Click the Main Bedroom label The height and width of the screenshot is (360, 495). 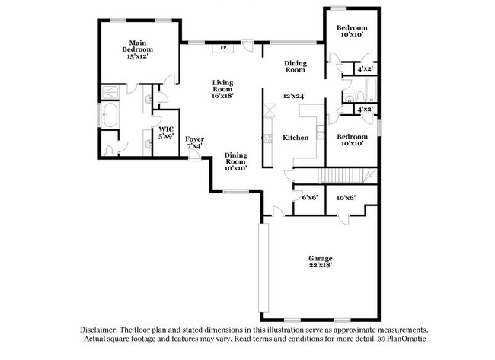(137, 49)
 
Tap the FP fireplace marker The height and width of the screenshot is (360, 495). (223, 48)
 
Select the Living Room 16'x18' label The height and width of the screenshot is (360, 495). (222, 89)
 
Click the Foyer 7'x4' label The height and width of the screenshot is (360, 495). (195, 142)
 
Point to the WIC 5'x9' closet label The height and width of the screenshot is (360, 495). (165, 134)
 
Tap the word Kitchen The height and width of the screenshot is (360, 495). (295, 138)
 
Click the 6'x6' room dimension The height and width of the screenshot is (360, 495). (308, 197)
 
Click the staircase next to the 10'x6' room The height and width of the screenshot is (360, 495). (347, 176)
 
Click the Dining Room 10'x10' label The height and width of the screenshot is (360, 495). (235, 158)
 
